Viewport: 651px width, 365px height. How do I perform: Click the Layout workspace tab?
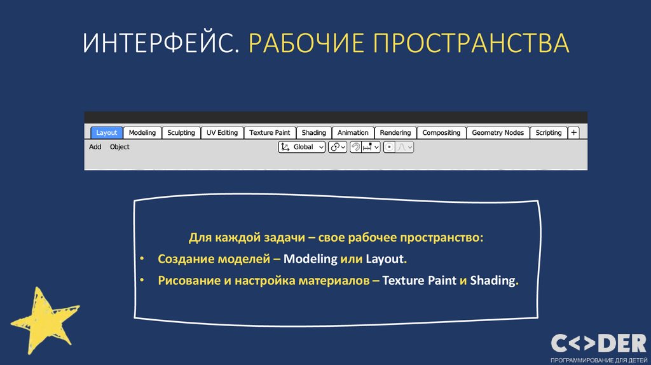click(x=106, y=133)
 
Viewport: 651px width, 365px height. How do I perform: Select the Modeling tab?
click(x=142, y=133)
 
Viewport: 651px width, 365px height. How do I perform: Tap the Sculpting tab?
click(x=181, y=133)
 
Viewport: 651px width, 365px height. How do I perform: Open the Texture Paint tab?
click(x=270, y=133)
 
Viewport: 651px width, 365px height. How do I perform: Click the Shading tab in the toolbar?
click(x=313, y=133)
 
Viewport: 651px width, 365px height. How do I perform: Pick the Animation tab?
click(x=353, y=133)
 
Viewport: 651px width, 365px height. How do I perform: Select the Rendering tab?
click(x=395, y=133)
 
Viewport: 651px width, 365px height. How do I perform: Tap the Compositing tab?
click(x=441, y=133)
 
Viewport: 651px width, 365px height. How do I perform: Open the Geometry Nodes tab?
click(x=498, y=133)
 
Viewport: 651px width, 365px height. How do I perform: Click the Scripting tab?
click(x=548, y=133)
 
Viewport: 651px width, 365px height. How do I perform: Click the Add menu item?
click(x=95, y=147)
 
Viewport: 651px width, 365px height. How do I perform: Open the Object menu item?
click(x=120, y=147)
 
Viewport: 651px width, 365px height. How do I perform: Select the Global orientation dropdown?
click(x=302, y=147)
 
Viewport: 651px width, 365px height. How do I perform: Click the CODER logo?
click(x=598, y=344)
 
